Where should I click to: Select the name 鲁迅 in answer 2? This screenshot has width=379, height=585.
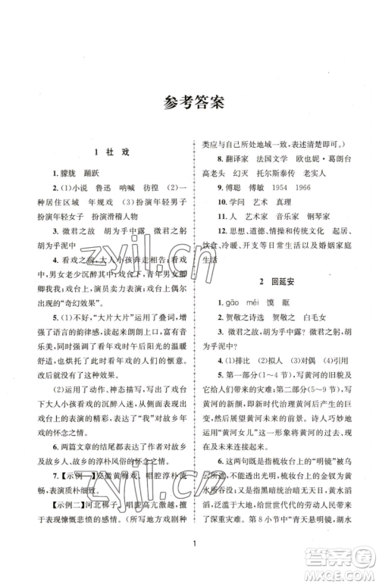(x=107, y=188)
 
